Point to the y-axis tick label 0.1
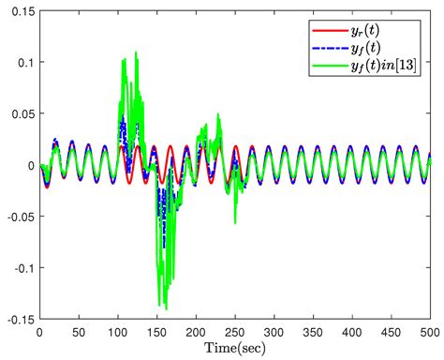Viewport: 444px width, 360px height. click(x=23, y=62)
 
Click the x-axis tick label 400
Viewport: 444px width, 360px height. click(x=351, y=331)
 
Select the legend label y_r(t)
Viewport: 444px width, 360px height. click(x=383, y=27)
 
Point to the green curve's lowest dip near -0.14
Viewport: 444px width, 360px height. click(x=165, y=307)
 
